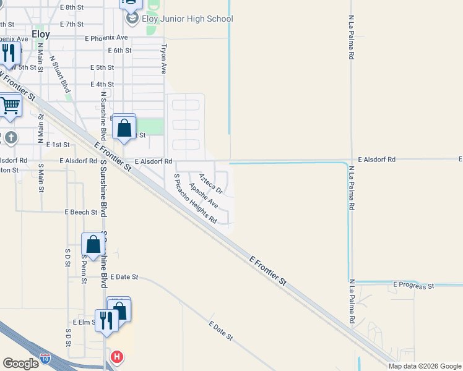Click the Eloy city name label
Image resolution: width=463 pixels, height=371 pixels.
40,35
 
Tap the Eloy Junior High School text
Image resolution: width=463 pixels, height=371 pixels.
188,19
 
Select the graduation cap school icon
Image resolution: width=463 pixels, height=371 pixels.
132,19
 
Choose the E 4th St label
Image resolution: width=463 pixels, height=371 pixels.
102,84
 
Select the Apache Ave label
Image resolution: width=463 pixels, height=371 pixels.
204,195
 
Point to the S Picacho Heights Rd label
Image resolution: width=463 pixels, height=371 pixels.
195,198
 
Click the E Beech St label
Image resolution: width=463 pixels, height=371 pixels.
82,211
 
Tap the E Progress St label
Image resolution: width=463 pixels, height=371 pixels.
414,286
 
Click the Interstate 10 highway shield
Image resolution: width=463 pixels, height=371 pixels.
45,358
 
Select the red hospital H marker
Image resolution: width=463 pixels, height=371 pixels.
116,357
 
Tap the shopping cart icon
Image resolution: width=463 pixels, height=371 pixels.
9,106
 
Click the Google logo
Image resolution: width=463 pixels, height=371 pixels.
20,364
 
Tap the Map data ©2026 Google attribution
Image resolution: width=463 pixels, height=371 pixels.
425,366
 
